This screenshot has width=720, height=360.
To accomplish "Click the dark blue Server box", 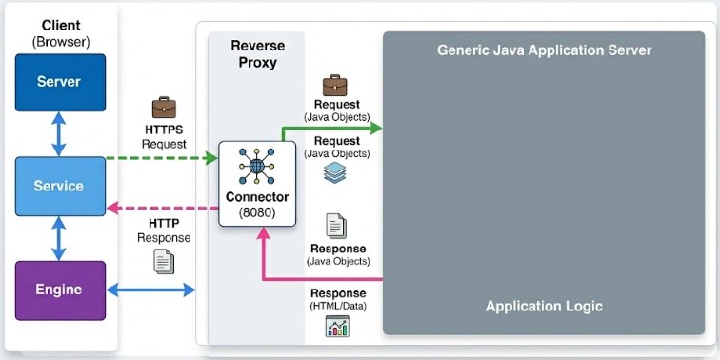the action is pyautogui.click(x=60, y=83).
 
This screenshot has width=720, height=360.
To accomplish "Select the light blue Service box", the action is pyautogui.click(x=60, y=186).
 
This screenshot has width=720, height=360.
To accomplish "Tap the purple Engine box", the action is pyautogui.click(x=60, y=290).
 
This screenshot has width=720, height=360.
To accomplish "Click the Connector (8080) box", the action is pyautogui.click(x=257, y=184).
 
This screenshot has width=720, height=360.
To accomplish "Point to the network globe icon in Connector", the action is pyautogui.click(x=257, y=166).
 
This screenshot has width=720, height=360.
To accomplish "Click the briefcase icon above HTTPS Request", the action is pyautogui.click(x=164, y=108).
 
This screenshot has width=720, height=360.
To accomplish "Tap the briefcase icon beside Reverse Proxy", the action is pyautogui.click(x=334, y=85).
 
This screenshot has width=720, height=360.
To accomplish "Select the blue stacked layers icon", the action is pyautogui.click(x=334, y=172).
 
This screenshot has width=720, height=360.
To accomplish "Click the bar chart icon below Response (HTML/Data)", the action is pyautogui.click(x=337, y=326).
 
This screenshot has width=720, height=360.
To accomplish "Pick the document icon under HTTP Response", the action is pyautogui.click(x=164, y=261).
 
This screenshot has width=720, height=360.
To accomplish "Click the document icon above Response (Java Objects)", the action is pyautogui.click(x=336, y=226).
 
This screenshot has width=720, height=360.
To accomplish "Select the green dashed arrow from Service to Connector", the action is pyautogui.click(x=162, y=158).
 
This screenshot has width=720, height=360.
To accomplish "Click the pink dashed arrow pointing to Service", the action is pyautogui.click(x=162, y=208).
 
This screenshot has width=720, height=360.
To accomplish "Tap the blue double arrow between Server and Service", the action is pyautogui.click(x=58, y=134).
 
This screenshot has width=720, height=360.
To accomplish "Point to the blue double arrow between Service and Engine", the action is pyautogui.click(x=58, y=238).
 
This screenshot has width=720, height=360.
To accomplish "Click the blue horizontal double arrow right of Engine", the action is pyautogui.click(x=151, y=290).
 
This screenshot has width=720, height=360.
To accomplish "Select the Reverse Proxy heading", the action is pyautogui.click(x=257, y=53).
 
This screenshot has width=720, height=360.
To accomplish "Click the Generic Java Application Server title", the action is pyautogui.click(x=544, y=50).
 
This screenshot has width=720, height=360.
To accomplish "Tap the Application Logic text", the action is pyautogui.click(x=544, y=307).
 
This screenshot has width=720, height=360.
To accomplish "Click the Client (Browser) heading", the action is pyautogui.click(x=61, y=33).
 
